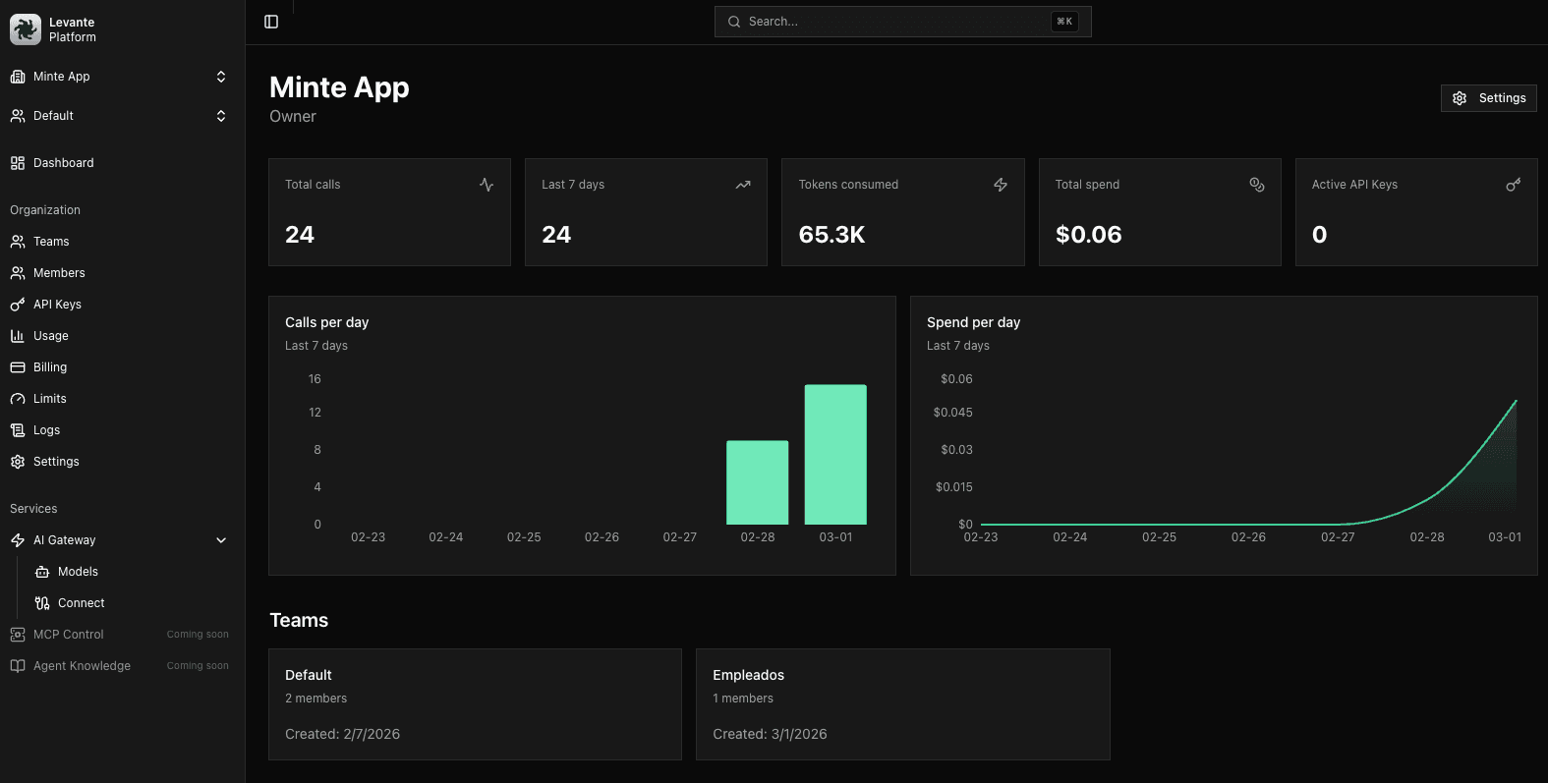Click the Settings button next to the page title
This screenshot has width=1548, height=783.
1488,98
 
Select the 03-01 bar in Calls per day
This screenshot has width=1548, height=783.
835,454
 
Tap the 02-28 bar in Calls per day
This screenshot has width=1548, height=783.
757,482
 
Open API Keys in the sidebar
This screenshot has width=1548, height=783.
57,305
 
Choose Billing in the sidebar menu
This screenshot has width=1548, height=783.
50,367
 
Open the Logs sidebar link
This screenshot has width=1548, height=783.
46,430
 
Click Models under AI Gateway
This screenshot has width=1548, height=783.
78,572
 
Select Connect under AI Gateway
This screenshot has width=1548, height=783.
81,603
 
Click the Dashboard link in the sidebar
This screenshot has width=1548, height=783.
63,163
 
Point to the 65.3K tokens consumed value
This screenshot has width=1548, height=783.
831,235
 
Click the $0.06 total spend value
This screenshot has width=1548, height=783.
1088,235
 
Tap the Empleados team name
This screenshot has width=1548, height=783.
748,675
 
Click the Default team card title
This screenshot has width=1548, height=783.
309,675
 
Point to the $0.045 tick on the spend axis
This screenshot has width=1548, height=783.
952,413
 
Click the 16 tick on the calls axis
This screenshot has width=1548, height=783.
315,379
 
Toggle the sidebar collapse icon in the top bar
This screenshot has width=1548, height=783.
271,22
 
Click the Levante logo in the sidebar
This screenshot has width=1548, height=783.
25,29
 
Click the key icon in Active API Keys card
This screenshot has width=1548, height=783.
1513,185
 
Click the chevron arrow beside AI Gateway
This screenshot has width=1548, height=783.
221,540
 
